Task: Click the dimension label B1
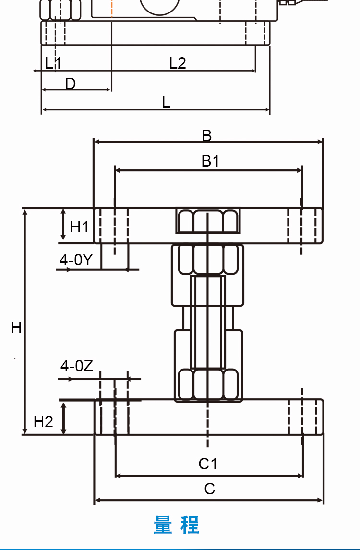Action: tap(210, 161)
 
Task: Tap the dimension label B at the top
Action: tap(207, 135)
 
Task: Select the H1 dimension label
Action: tap(79, 227)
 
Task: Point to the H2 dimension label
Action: tap(43, 421)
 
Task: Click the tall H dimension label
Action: tap(16, 328)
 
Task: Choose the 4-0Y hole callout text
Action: tap(76, 260)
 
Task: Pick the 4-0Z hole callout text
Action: tap(77, 366)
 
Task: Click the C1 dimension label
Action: tap(208, 464)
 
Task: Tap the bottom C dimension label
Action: tap(209, 489)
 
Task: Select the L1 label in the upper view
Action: tap(53, 63)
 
